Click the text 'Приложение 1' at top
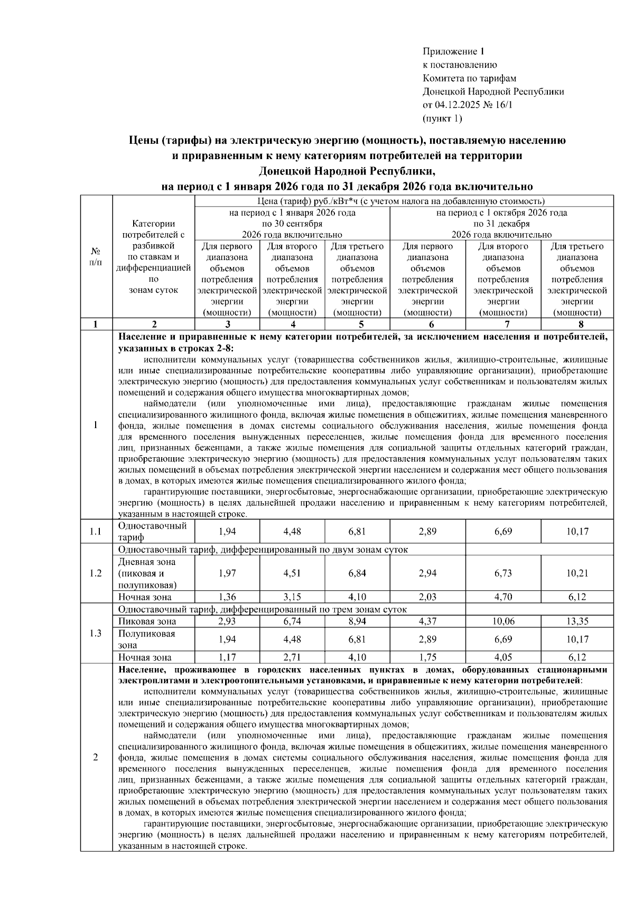pos(453,52)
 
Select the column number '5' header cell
pos(358,325)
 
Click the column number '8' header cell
pos(577,325)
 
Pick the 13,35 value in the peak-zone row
pos(577,622)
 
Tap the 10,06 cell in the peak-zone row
pos(503,622)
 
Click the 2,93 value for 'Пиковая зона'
pos(227,622)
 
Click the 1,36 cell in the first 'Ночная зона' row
pos(227,597)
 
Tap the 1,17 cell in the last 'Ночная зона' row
pos(227,658)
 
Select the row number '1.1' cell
pos(96,532)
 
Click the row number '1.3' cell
pos(96,633)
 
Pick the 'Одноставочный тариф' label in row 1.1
pos(153,532)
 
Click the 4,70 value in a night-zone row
pos(503,597)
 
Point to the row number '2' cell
pos(96,757)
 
